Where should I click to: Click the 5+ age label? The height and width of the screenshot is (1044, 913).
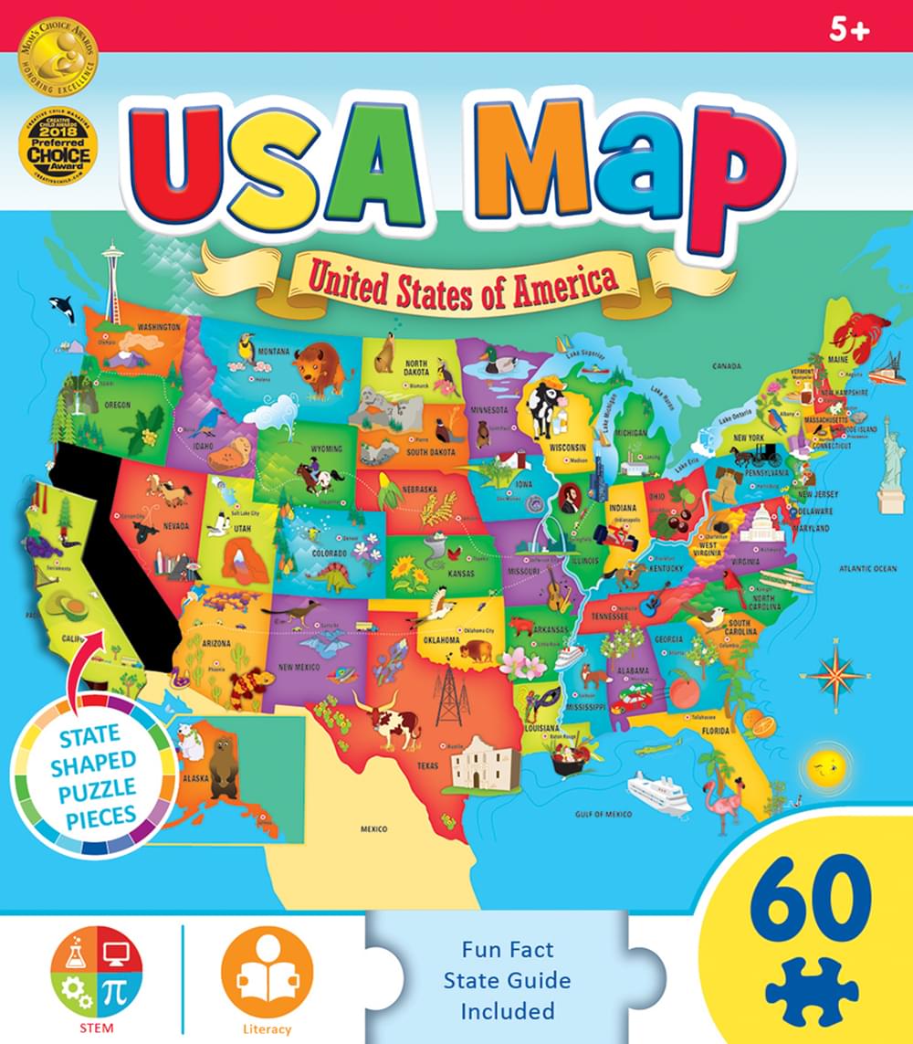pos(849,30)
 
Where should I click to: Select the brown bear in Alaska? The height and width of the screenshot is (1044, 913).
pos(222,765)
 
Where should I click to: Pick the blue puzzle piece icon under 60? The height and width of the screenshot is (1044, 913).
pos(810,989)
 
